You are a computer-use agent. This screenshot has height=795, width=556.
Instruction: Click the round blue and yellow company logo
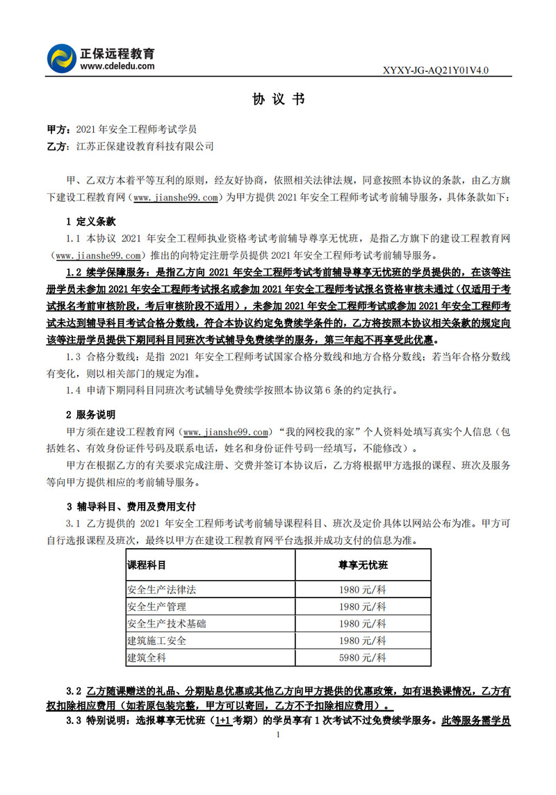point(60,58)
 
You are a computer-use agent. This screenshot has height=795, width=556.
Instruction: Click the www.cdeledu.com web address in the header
point(117,66)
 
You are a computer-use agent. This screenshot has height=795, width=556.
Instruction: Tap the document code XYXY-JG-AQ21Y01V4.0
point(437,70)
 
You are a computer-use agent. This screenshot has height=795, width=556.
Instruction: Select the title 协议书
point(278,99)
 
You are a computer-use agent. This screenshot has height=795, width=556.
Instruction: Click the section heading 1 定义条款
point(90,222)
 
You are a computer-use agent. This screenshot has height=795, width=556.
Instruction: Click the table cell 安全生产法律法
point(161,590)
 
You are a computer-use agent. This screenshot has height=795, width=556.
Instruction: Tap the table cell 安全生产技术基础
point(166,623)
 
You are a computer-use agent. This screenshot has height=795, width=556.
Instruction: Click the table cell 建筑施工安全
point(156,640)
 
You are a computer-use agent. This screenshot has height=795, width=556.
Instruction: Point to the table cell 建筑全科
point(147,657)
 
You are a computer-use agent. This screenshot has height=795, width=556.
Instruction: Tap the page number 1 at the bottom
point(278,734)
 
